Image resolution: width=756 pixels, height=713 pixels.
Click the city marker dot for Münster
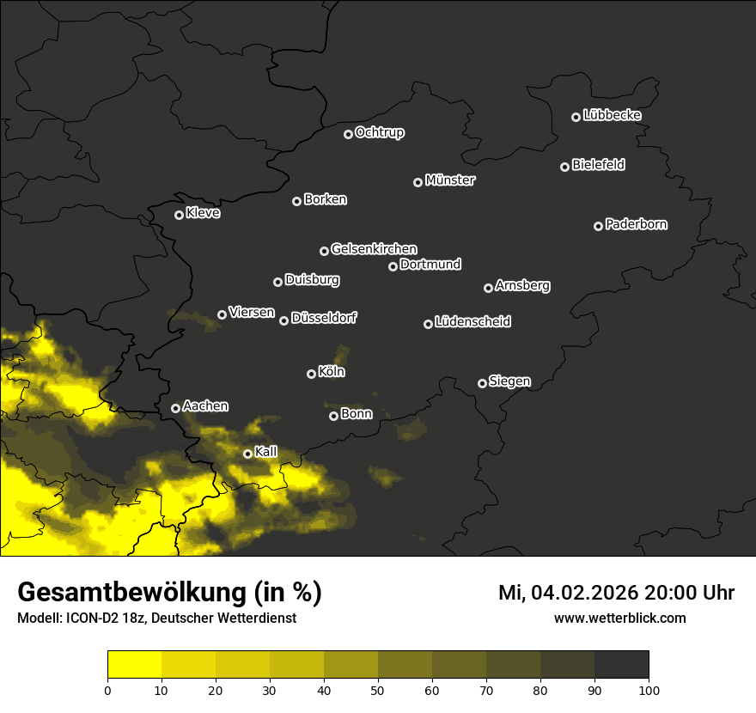coord(418,182)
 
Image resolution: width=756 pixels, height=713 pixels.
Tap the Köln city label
coord(332,372)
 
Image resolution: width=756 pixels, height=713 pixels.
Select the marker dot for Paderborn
coord(599,226)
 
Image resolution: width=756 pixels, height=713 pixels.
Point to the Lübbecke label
coord(612,115)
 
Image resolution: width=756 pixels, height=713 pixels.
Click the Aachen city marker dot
coord(176,408)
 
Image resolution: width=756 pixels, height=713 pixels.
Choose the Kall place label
coord(266,452)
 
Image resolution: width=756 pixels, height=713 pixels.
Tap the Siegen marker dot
coord(482,383)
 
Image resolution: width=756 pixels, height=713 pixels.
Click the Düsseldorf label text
coord(324,318)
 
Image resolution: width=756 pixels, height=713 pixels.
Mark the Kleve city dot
coord(180,215)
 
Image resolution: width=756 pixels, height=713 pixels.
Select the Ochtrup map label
coord(379,132)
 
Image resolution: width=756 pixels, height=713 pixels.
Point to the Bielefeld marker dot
coord(565,167)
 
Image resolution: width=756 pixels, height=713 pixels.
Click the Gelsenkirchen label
coord(374,249)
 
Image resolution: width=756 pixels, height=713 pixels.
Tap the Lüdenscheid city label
coord(472,322)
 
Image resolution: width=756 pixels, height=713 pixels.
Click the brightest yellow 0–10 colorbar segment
coord(134,665)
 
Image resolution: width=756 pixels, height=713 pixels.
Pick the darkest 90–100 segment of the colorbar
coord(621,665)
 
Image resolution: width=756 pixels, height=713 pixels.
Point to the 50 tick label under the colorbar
coord(378,689)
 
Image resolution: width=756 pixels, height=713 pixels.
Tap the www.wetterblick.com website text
coord(619,618)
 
